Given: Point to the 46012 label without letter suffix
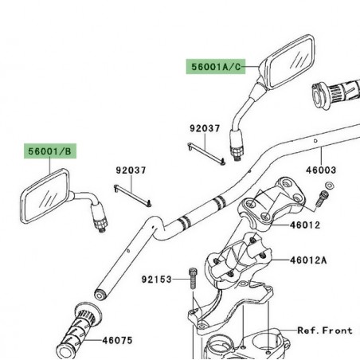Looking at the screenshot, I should tap(305, 225).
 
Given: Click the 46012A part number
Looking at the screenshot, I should tap(308, 260).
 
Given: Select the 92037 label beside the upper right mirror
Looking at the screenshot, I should tap(205, 127).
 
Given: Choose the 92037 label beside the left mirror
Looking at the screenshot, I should tap(132, 170).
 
